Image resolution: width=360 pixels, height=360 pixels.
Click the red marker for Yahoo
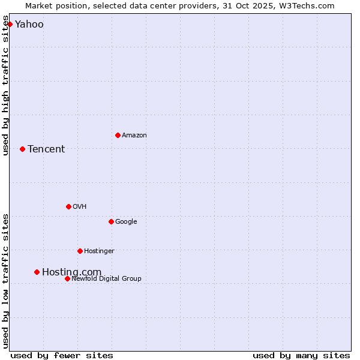pyautogui.click(x=10, y=25)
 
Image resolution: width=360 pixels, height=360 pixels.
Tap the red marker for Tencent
pyautogui.click(x=22, y=149)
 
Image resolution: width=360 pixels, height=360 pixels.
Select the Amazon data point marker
pyautogui.click(x=118, y=135)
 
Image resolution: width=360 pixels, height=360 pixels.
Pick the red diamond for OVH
pyautogui.click(x=68, y=206)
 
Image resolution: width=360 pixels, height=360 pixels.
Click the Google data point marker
pyautogui.click(x=111, y=221)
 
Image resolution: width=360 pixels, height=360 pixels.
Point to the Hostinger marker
pyautogui.click(x=80, y=251)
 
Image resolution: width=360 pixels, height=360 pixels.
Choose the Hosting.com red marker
pyautogui.click(x=37, y=272)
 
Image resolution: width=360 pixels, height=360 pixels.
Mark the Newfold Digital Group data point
pyautogui.click(x=67, y=278)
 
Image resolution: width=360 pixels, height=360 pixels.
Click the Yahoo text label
pyautogui.click(x=29, y=25)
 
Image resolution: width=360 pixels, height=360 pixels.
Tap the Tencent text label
pyautogui.click(x=46, y=149)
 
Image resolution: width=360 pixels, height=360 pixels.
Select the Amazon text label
pyautogui.click(x=134, y=136)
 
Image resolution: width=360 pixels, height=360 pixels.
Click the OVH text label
pyautogui.click(x=80, y=207)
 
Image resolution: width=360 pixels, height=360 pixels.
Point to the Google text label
pyautogui.click(x=126, y=222)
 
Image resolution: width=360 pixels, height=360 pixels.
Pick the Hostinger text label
pyautogui.click(x=99, y=251)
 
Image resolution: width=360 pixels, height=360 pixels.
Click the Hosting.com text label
pyautogui.click(x=71, y=272)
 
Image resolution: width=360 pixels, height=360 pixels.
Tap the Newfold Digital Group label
pyautogui.click(x=106, y=279)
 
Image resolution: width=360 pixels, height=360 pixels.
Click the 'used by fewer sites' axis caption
pyautogui.click(x=62, y=355)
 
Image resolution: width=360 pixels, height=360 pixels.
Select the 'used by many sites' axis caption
pyautogui.click(x=301, y=355)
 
